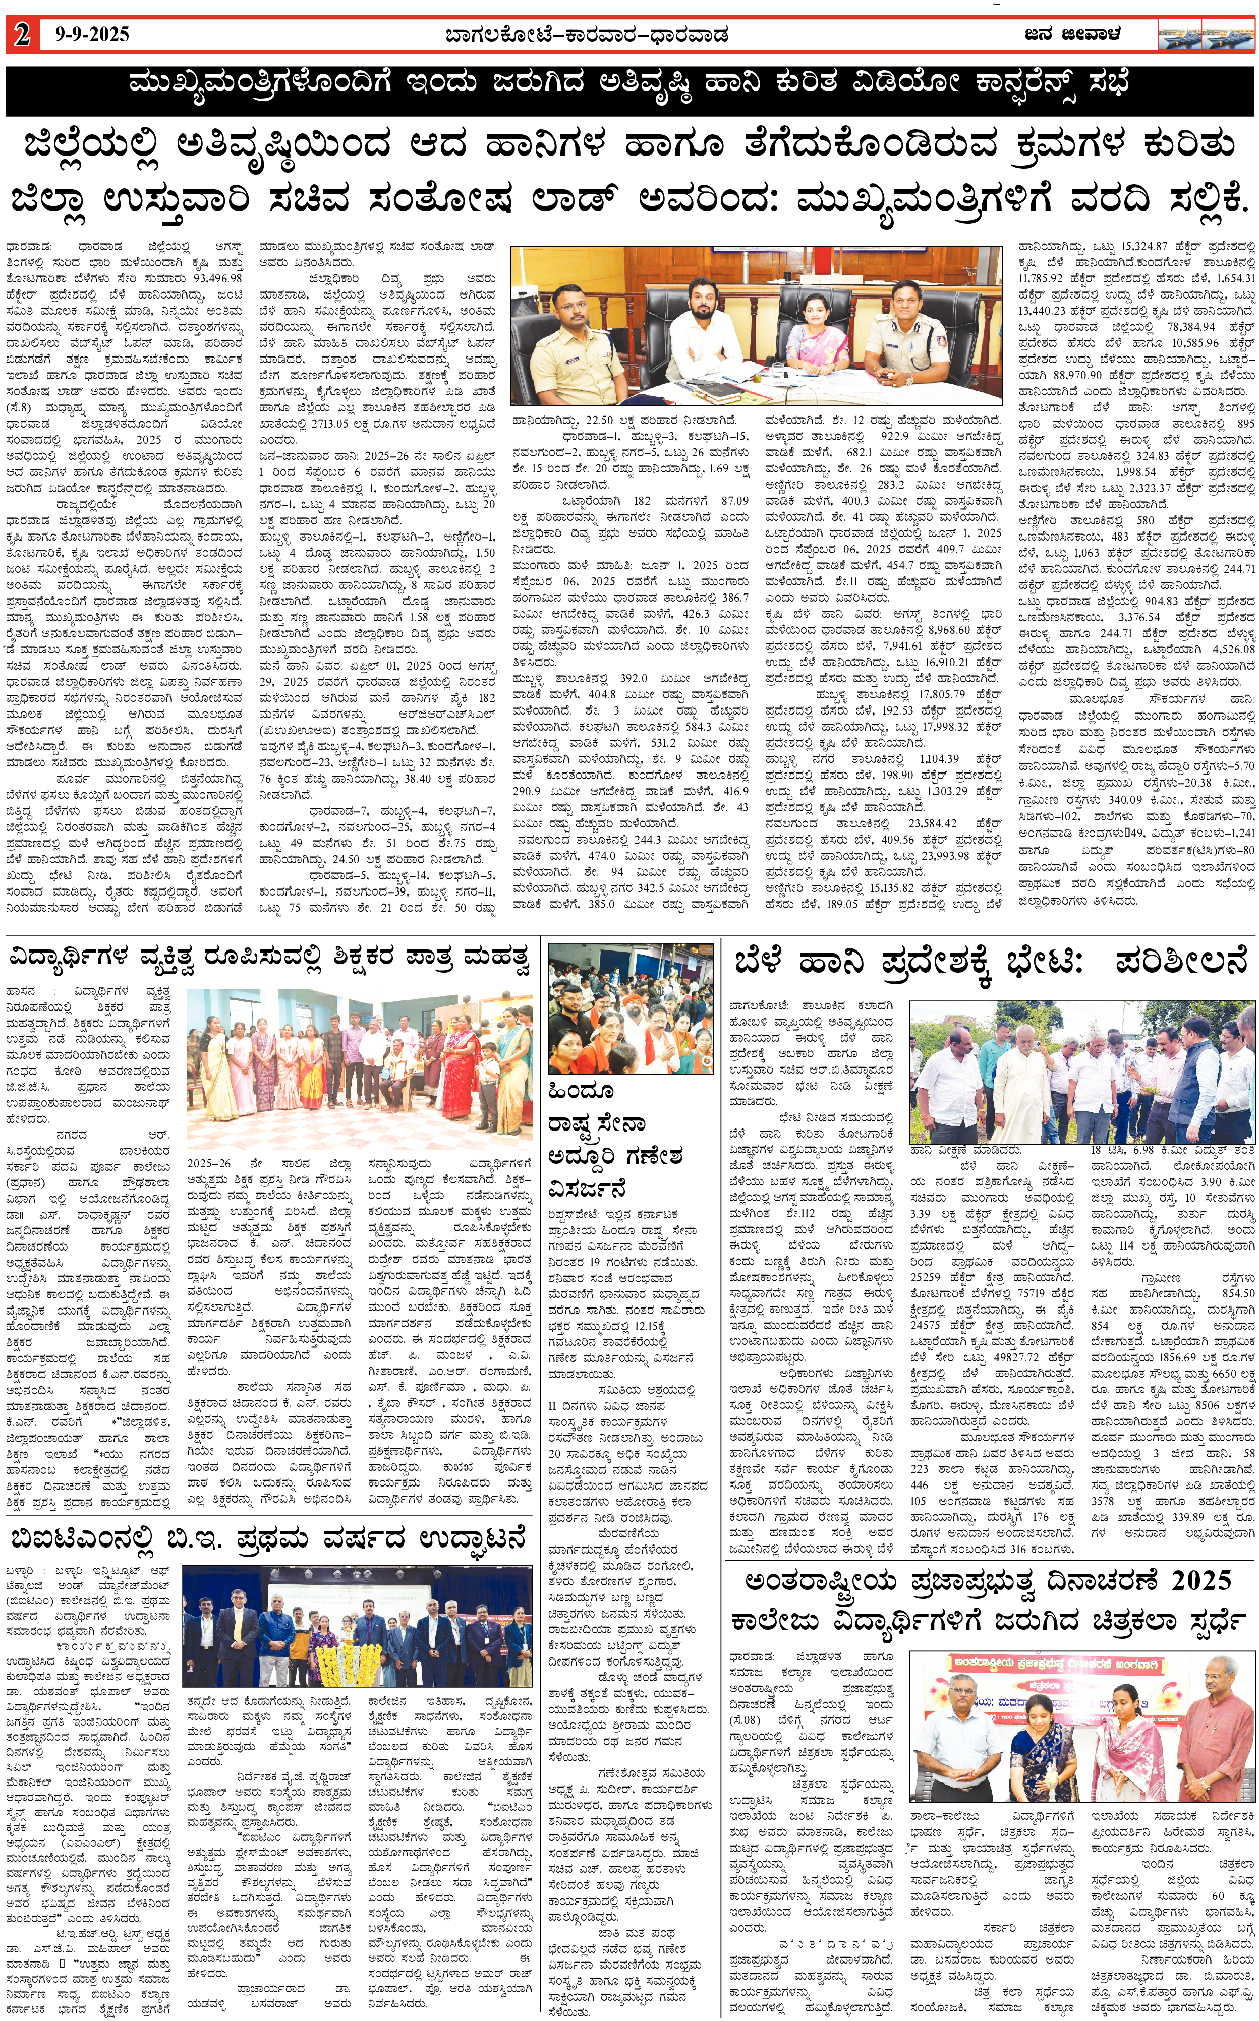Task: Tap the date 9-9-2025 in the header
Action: (92, 35)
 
